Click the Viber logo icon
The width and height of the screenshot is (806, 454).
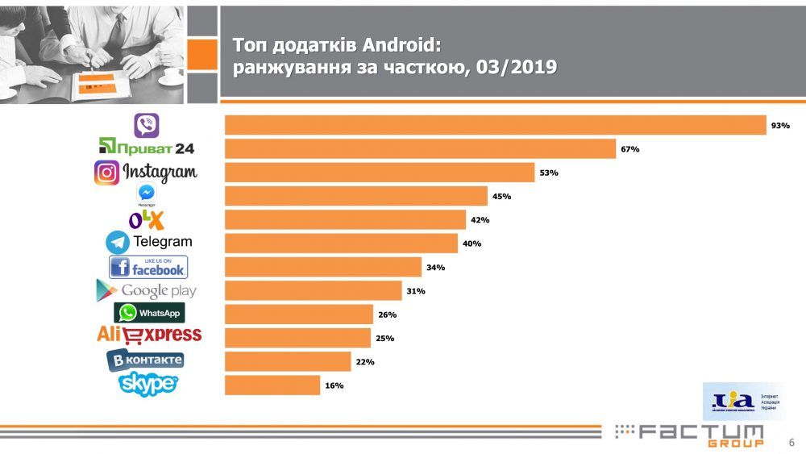[x=146, y=125]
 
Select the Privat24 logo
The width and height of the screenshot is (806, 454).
[x=146, y=148]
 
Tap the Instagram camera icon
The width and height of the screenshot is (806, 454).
[x=106, y=173]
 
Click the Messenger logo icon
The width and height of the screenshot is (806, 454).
[x=146, y=194]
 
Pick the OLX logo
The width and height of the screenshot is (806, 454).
[x=147, y=219]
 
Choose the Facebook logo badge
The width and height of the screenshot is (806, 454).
[x=148, y=267]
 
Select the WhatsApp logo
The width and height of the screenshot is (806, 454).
[x=149, y=313]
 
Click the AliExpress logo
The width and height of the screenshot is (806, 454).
[x=149, y=335]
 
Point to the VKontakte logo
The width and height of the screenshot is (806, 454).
[x=145, y=360]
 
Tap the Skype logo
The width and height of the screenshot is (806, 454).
[x=148, y=384]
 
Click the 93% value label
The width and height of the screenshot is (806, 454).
[x=780, y=126]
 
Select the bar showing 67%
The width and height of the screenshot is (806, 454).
[x=420, y=149]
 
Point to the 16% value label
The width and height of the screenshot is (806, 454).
[x=334, y=385]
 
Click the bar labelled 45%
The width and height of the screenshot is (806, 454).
[x=355, y=196]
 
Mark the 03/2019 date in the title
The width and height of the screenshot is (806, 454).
[x=517, y=67]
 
